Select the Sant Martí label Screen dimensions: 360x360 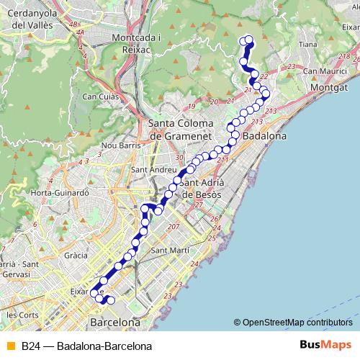(170, 251)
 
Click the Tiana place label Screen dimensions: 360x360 (307, 45)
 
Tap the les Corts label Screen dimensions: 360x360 (22, 315)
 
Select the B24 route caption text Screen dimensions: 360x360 (86, 346)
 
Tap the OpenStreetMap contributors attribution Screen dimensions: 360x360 (293, 323)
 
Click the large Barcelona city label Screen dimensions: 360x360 (114, 321)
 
